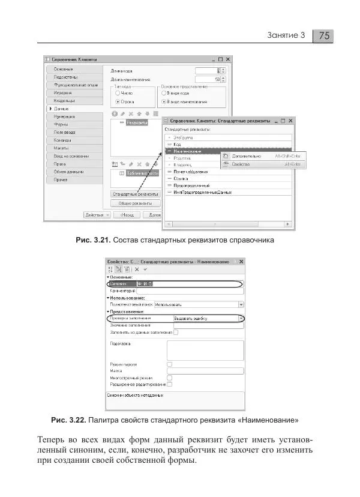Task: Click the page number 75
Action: [x=324, y=35]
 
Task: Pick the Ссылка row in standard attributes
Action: [x=180, y=178]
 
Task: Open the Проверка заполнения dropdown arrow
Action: [x=241, y=318]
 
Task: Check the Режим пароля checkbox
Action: [x=170, y=364]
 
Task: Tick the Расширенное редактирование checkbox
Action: [x=170, y=384]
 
